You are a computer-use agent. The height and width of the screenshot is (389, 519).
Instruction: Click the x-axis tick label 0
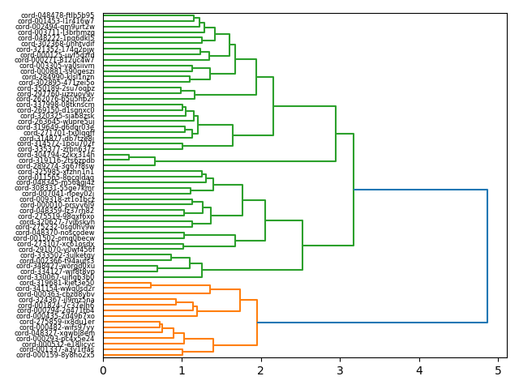103,370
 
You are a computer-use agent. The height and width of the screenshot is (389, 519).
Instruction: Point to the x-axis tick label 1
182,370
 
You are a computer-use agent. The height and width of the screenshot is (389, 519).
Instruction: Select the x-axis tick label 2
261,370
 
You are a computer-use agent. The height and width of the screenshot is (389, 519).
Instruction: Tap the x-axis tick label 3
341,370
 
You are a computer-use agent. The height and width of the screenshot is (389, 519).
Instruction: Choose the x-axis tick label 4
419,370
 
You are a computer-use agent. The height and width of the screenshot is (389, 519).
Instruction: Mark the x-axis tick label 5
499,370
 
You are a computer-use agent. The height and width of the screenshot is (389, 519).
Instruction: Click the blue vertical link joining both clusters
487,256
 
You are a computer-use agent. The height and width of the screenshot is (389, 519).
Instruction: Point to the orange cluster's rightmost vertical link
257,323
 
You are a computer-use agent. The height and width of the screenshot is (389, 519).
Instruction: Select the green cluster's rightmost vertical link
354,190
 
